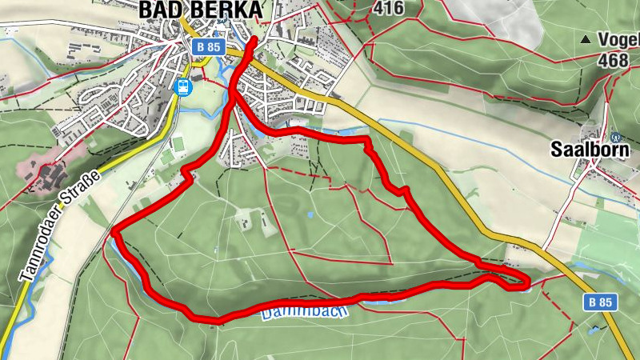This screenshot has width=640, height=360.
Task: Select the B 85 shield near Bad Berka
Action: [208, 47]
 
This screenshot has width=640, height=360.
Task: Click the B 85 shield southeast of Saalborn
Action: [599, 302]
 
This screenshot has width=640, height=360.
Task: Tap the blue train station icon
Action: [183, 86]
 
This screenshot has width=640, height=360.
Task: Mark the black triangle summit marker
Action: [586, 38]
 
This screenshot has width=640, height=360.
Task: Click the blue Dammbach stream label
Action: [305, 310]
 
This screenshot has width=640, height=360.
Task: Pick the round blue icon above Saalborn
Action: [614, 138]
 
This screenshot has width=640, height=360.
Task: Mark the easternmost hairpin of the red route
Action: [526, 280]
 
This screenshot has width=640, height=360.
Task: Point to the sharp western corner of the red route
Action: [115, 233]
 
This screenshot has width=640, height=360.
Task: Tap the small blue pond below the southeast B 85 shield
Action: [594, 329]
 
